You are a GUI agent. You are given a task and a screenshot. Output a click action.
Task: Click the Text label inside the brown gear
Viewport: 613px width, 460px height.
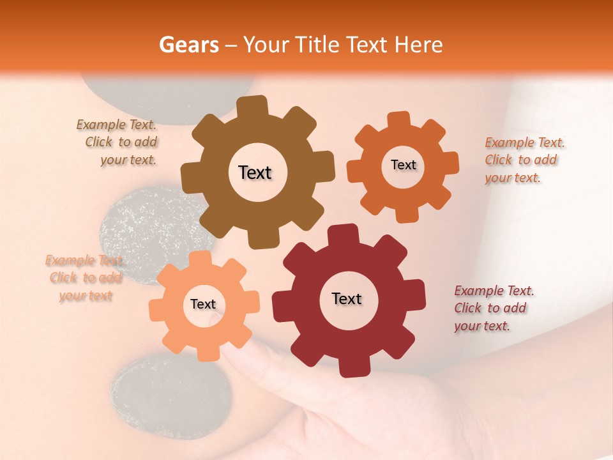point(255,172)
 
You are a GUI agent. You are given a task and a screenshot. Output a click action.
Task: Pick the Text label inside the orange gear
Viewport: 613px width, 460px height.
point(403,165)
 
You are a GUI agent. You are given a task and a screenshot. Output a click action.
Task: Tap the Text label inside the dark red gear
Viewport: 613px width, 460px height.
point(347,298)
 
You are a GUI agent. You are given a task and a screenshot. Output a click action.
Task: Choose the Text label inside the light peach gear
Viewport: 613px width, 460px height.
point(203,304)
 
